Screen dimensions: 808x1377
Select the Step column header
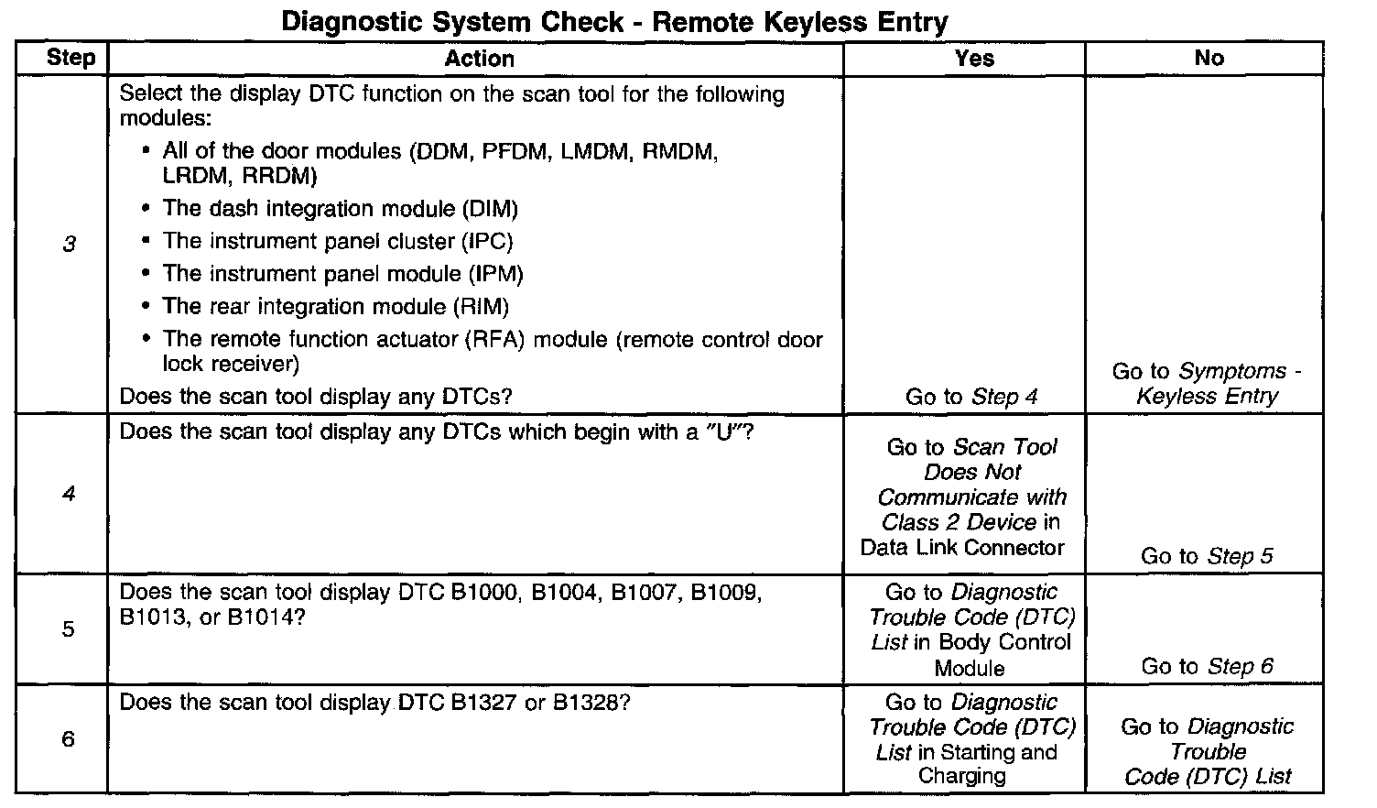[70, 58]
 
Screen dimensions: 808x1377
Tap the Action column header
[479, 59]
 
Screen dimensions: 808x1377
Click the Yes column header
[973, 58]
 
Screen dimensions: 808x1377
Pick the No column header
[1209, 58]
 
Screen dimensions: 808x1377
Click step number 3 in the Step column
[69, 245]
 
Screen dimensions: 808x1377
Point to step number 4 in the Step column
[69, 495]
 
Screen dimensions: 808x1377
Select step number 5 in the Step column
[69, 629]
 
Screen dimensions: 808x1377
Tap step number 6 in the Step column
[69, 738]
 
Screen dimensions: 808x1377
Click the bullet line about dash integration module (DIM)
[340, 209]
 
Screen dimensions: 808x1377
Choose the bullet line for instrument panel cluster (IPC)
[337, 242]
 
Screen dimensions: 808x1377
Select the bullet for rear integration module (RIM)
[335, 306]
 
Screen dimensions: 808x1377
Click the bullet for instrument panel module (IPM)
[342, 274]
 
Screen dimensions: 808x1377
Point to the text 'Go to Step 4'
[971, 397]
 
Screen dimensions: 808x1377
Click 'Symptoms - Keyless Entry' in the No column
[1207, 384]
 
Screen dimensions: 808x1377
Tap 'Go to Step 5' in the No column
[1207, 556]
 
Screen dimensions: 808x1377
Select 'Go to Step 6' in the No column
[1207, 666]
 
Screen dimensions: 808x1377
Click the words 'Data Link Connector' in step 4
[962, 548]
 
